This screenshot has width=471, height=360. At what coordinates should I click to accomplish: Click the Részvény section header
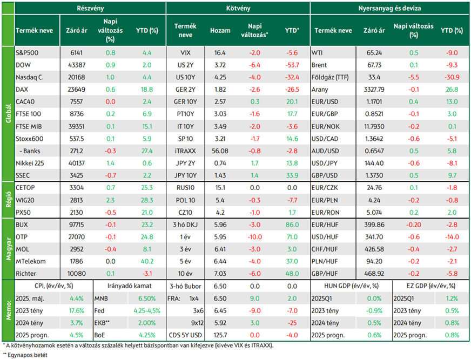pos(90,9)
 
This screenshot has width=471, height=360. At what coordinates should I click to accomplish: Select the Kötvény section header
pos(238,9)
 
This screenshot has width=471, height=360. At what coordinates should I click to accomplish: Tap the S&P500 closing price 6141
pos(77,53)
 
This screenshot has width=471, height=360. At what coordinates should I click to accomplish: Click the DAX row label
pos(22,90)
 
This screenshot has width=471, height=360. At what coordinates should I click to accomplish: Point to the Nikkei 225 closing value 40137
pos(77,164)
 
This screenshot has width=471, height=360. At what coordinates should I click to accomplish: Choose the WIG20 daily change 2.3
pos(110,200)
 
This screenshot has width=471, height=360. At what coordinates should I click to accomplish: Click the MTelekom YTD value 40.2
pos(147,262)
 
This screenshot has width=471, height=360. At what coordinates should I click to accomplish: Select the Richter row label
pos(26,274)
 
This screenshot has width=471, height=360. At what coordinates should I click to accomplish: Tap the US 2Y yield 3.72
pos(220,65)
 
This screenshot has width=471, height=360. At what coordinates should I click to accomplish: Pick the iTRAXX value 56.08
pos(220,151)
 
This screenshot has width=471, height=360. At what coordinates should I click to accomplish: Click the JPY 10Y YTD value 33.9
pos(292,175)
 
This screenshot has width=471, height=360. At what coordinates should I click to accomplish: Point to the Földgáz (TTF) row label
pos(330,78)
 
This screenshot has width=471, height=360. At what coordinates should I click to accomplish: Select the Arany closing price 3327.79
pos(374,90)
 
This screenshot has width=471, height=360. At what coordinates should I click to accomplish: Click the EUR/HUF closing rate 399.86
pos(374,225)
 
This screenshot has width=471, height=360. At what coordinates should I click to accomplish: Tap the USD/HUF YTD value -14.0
pos(452,237)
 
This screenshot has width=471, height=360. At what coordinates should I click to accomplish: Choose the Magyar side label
pos(9,249)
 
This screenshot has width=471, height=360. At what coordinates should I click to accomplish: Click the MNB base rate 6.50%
pos(147,299)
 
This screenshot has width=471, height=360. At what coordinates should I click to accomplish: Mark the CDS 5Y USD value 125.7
pos(220,335)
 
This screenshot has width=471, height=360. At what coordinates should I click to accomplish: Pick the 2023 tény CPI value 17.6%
pos(77,311)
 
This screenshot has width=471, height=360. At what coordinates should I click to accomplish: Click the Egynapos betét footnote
pos(25,355)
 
